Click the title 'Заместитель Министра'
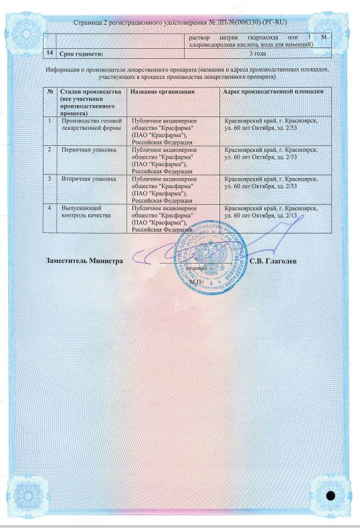[84, 260]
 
